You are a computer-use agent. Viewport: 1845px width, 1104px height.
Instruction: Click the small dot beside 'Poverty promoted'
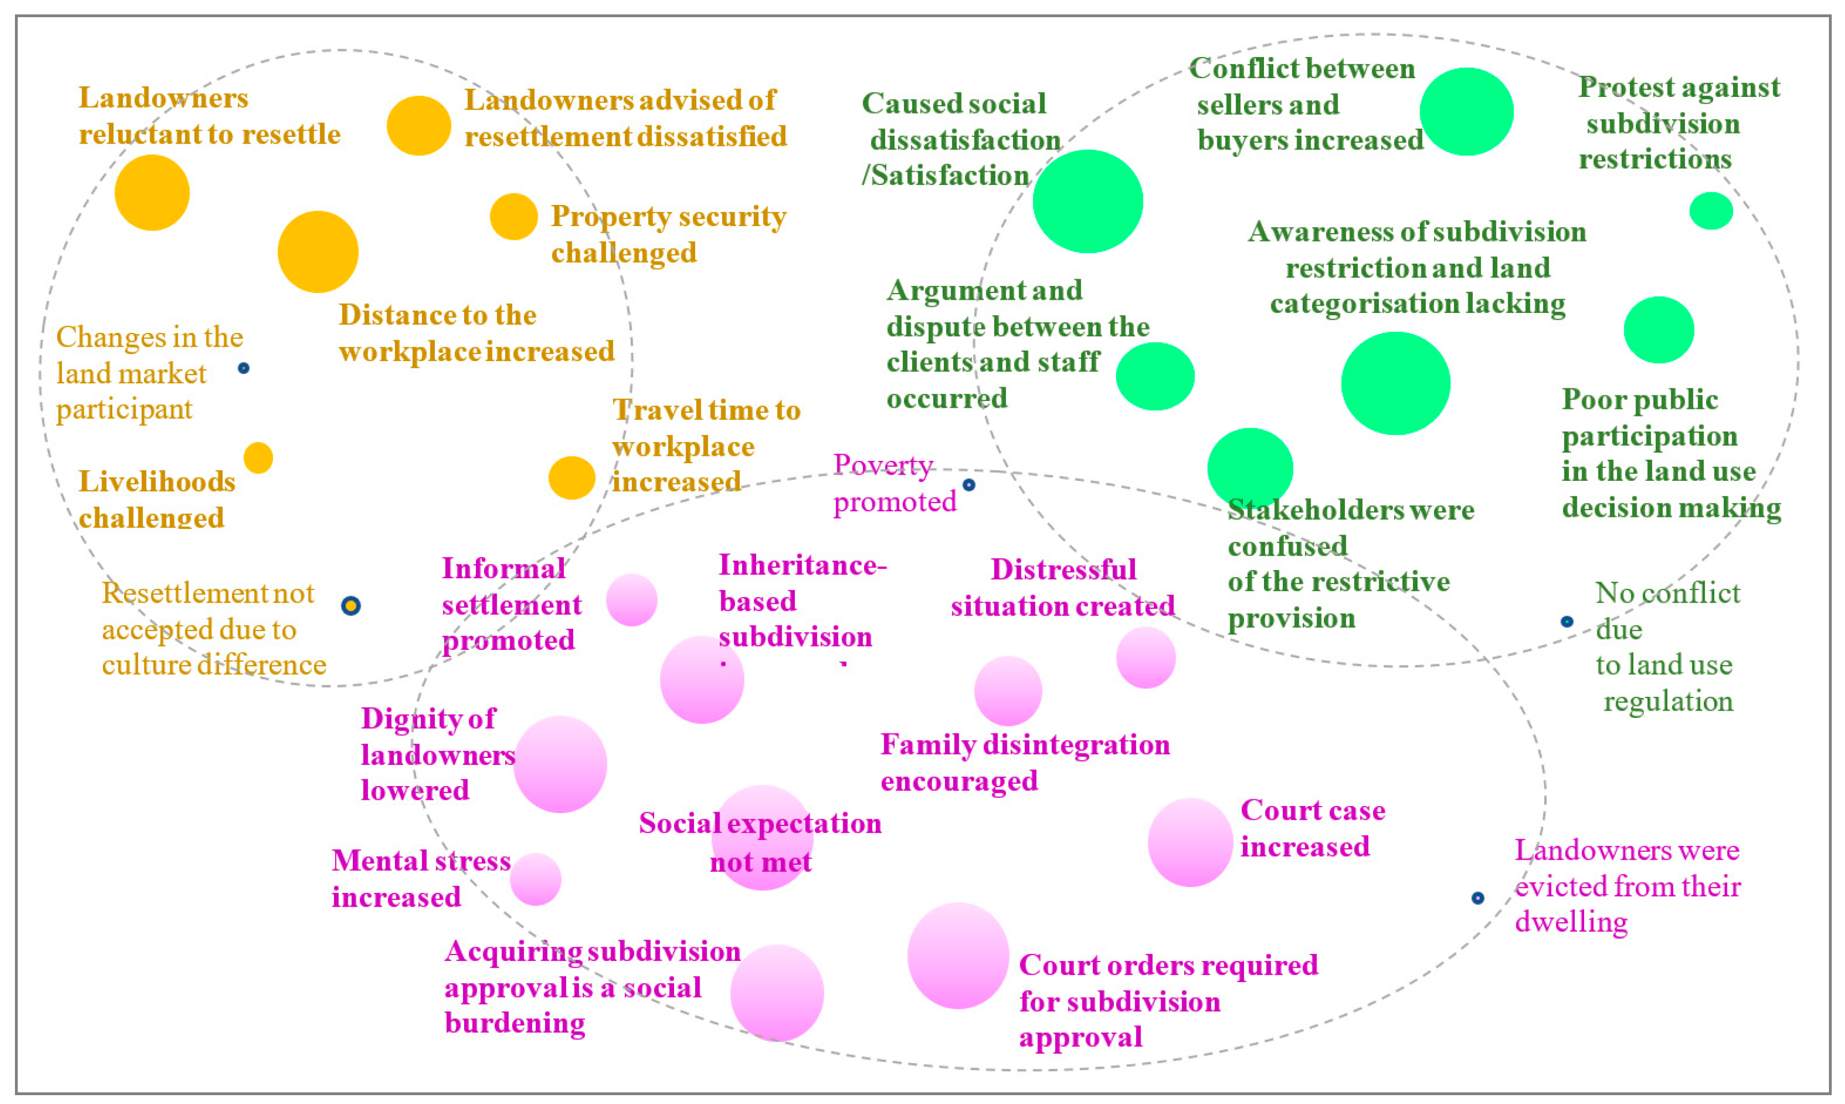968,485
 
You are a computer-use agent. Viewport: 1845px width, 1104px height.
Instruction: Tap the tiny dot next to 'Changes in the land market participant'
243,368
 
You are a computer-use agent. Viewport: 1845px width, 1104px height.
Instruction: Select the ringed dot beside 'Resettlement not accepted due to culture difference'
351,605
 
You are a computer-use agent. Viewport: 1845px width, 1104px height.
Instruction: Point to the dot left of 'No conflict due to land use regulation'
1567,621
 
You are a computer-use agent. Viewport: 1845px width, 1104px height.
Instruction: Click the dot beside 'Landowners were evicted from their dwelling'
1478,898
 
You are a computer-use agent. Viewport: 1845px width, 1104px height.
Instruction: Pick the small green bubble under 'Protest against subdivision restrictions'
1710,210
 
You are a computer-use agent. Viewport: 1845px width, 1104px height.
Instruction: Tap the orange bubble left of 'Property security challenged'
513,217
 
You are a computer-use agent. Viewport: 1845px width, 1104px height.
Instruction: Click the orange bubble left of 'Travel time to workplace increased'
571,477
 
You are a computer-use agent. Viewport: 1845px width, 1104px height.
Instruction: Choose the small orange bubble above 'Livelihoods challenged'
258,458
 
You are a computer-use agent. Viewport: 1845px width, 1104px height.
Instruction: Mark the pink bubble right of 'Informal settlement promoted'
631,599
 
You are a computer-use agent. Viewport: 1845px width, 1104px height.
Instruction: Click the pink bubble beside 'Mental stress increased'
536,879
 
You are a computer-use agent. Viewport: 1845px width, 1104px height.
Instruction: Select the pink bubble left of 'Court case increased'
1190,842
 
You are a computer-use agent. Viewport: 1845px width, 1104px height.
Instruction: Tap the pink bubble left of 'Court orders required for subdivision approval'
958,956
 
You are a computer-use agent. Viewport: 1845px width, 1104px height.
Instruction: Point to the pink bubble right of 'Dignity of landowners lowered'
560,764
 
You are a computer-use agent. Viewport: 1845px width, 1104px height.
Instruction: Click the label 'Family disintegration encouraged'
1025,763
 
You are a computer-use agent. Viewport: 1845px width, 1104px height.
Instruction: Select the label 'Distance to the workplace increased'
476,333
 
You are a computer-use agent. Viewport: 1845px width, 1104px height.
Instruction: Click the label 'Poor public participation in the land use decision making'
1670,453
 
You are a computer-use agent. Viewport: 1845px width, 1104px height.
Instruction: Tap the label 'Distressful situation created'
1063,588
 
